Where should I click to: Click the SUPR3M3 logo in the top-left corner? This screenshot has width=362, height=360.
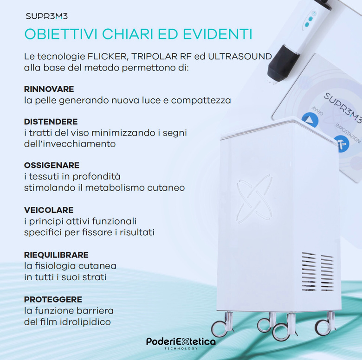(46, 16)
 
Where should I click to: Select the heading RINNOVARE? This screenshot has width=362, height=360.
(49, 89)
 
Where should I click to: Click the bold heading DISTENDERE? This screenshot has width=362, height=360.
(51, 122)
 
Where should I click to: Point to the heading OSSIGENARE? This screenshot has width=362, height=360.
(52, 165)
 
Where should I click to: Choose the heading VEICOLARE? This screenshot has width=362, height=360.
(49, 210)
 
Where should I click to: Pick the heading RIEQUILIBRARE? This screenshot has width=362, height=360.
(56, 255)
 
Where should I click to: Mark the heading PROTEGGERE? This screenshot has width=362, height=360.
(53, 300)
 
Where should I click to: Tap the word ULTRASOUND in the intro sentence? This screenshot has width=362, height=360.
(240, 57)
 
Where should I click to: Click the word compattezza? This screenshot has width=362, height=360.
(201, 101)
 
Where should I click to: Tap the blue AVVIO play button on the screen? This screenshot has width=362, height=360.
(310, 120)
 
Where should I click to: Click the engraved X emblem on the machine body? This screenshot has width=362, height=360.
(254, 199)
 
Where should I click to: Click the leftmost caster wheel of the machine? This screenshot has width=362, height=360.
(220, 328)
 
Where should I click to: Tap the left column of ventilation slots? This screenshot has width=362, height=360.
(309, 272)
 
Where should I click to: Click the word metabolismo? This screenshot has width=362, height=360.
(115, 188)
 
